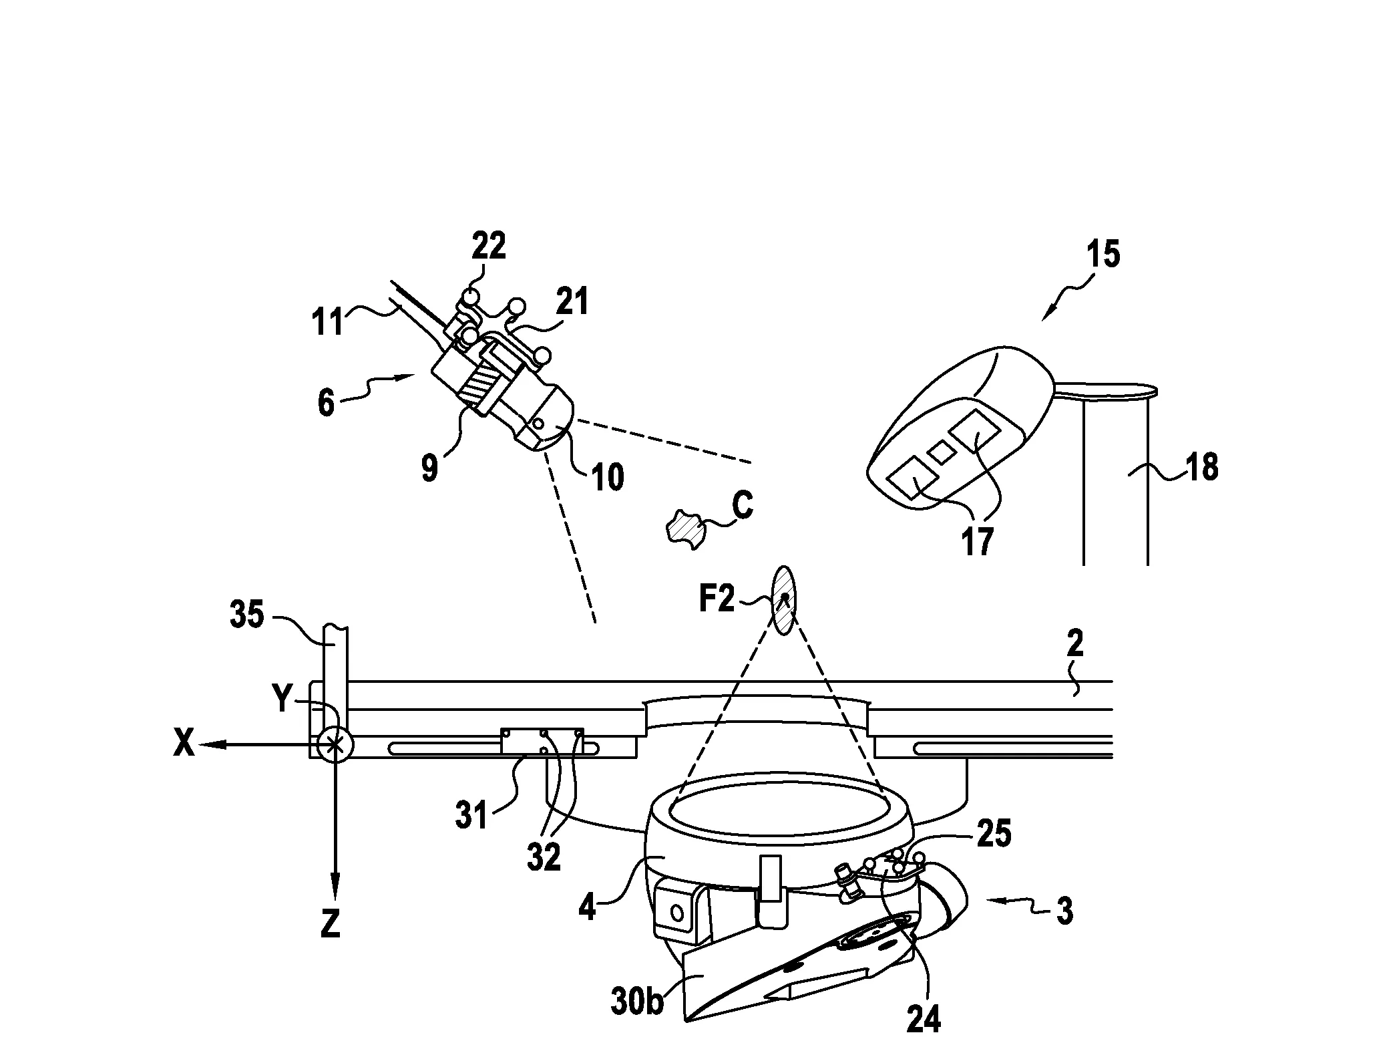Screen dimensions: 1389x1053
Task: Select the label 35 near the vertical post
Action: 247,614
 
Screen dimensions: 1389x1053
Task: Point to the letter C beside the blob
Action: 743,505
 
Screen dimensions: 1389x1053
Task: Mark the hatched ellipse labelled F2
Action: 784,601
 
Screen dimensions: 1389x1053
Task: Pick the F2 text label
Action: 717,599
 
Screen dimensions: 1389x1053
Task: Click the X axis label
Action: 184,744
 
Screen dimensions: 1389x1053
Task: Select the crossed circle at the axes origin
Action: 334,744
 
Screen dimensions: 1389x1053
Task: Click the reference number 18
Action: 1201,468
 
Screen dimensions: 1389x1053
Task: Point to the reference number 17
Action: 978,541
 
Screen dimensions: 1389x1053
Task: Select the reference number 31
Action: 472,816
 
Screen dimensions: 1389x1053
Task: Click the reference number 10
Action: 608,478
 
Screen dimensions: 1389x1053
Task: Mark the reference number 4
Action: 588,908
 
